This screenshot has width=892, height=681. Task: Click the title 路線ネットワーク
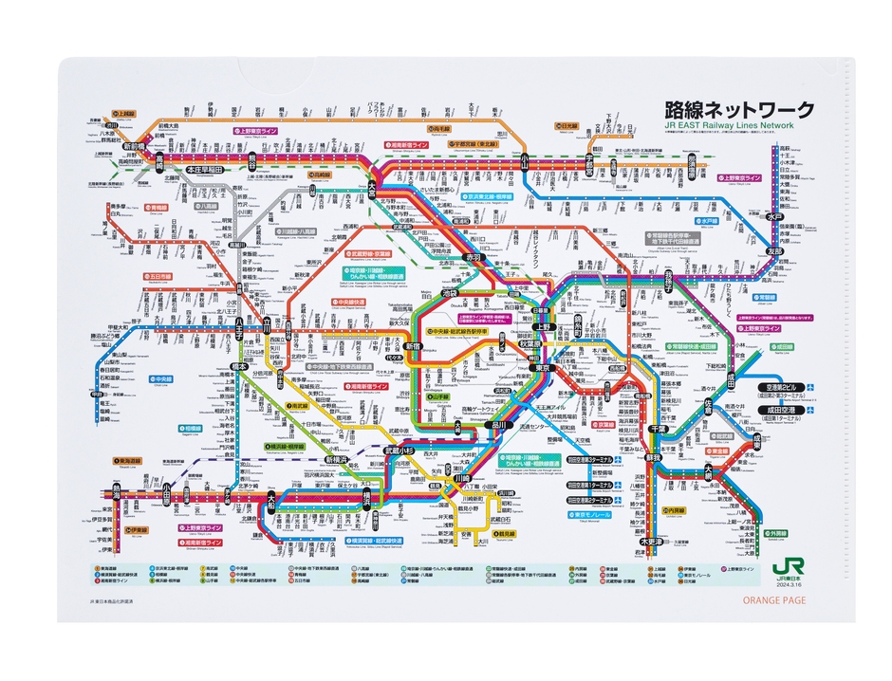(739, 110)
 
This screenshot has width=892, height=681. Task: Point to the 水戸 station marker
(776, 217)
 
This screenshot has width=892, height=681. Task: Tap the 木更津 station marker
(652, 541)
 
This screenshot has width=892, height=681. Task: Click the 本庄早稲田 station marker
(203, 169)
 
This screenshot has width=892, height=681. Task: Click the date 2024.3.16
(789, 585)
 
